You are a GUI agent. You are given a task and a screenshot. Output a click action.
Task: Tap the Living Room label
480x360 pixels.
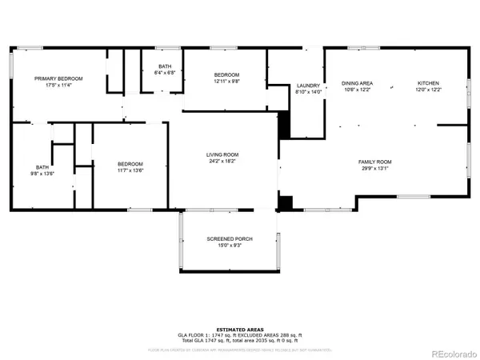click(x=223, y=154)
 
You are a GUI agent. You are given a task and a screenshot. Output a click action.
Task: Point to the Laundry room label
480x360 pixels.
click(x=308, y=86)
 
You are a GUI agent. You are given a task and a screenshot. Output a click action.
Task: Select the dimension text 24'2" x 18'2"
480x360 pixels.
click(x=223, y=162)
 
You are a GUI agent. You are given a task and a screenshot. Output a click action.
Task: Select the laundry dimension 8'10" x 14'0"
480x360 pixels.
click(x=308, y=93)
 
